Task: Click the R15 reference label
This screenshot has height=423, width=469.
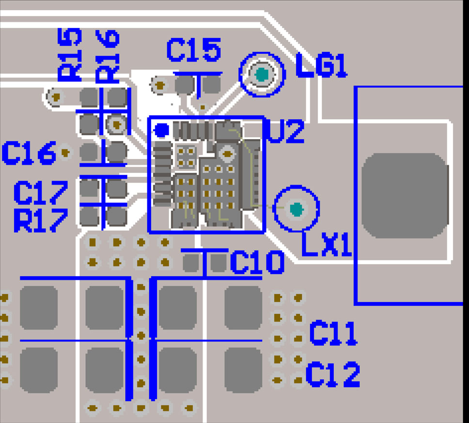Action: click(x=70, y=54)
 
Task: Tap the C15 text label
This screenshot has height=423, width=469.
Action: click(x=194, y=50)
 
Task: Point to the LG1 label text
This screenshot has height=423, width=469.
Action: click(x=321, y=66)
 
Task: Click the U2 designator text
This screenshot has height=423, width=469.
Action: click(x=286, y=132)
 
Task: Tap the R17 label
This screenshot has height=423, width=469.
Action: click(x=40, y=220)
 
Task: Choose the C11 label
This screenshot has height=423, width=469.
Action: click(x=333, y=333)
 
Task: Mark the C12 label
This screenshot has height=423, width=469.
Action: click(x=333, y=375)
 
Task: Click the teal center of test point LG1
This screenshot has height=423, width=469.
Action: click(x=262, y=75)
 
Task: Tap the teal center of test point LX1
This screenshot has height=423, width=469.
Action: click(x=296, y=209)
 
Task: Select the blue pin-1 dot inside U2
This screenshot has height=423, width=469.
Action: click(x=161, y=129)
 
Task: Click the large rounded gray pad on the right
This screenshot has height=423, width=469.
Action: click(x=405, y=196)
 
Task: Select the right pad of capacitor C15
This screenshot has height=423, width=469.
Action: click(x=212, y=85)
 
